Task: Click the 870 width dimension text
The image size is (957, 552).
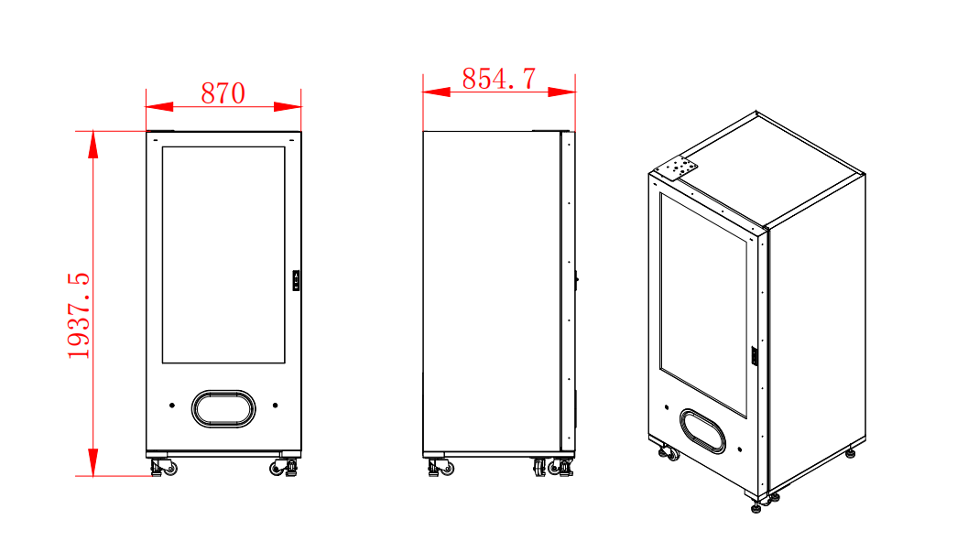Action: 223,93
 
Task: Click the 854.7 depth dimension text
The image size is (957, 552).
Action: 498,79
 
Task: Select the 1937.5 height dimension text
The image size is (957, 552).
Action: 80,315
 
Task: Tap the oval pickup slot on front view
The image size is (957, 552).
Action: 223,407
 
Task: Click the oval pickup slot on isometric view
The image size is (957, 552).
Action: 702,430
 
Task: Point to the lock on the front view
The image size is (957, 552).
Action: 296,280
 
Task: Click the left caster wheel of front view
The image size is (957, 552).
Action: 164,468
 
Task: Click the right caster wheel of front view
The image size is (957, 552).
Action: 283,468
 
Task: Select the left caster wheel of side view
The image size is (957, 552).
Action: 439,468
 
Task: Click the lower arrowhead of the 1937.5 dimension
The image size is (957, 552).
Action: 92,462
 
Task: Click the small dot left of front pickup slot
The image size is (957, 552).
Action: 171,405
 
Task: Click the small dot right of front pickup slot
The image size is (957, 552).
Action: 275,405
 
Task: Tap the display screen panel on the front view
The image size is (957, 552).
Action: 223,254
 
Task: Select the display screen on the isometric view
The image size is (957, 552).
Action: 702,302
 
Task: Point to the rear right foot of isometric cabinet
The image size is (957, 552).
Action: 851,450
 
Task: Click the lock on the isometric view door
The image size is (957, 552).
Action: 755,355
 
